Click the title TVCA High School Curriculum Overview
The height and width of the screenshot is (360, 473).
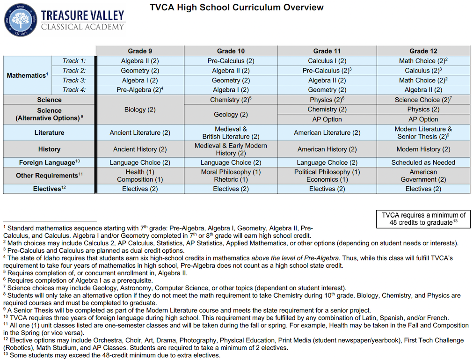click(236, 7)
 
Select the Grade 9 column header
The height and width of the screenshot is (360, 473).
click(140, 51)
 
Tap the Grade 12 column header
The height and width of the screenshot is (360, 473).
click(423, 51)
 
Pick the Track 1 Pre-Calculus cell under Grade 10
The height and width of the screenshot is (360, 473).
click(231, 61)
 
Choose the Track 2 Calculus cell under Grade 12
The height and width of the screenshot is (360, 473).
click(423, 71)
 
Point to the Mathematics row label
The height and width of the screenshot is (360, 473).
click(27, 75)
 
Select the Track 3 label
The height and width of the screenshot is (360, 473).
click(74, 81)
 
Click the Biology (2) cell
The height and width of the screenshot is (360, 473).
click(140, 110)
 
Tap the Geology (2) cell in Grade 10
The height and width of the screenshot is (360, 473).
click(231, 114)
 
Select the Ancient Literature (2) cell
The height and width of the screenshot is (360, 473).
click(140, 132)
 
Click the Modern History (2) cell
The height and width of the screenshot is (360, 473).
click(423, 149)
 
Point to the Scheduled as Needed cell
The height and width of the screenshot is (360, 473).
click(423, 162)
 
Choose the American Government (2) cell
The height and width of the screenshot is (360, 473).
click(423, 176)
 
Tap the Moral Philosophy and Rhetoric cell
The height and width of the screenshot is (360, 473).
click(231, 176)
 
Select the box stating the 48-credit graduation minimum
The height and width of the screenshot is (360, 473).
click(423, 219)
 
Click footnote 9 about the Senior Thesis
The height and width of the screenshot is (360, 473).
click(187, 310)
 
